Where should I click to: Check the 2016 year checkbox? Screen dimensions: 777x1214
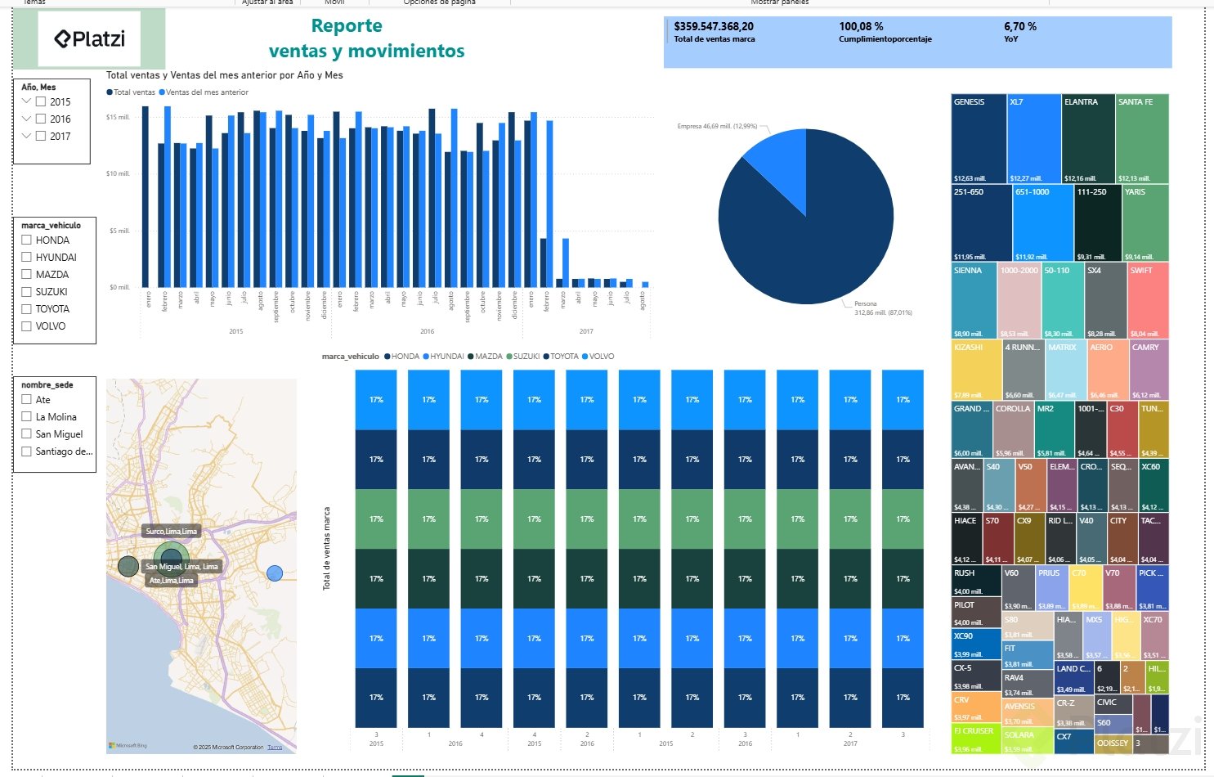(x=41, y=119)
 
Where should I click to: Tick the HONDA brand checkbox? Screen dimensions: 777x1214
(x=27, y=240)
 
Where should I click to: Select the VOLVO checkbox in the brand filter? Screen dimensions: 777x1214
(x=27, y=326)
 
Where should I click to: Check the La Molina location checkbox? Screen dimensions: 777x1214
(x=27, y=417)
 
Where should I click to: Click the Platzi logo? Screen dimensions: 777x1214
(x=90, y=38)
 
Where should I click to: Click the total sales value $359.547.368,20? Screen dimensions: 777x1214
(x=714, y=26)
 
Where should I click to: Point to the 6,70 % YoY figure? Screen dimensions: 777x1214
(x=1019, y=26)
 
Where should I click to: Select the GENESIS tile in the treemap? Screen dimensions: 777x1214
(x=979, y=138)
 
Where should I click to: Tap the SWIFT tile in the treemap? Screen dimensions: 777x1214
(x=1147, y=299)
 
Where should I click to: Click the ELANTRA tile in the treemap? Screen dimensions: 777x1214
(x=1087, y=138)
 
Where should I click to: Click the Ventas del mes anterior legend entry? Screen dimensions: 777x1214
(x=207, y=92)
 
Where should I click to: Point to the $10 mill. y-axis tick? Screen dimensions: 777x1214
(x=118, y=174)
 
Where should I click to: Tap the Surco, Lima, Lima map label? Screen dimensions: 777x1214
(x=171, y=532)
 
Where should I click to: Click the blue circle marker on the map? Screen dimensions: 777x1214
(x=275, y=573)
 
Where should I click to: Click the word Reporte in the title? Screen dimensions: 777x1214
(x=347, y=26)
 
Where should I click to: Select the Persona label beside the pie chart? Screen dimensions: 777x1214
(x=865, y=303)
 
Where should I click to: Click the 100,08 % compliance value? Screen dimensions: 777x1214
(x=861, y=26)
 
